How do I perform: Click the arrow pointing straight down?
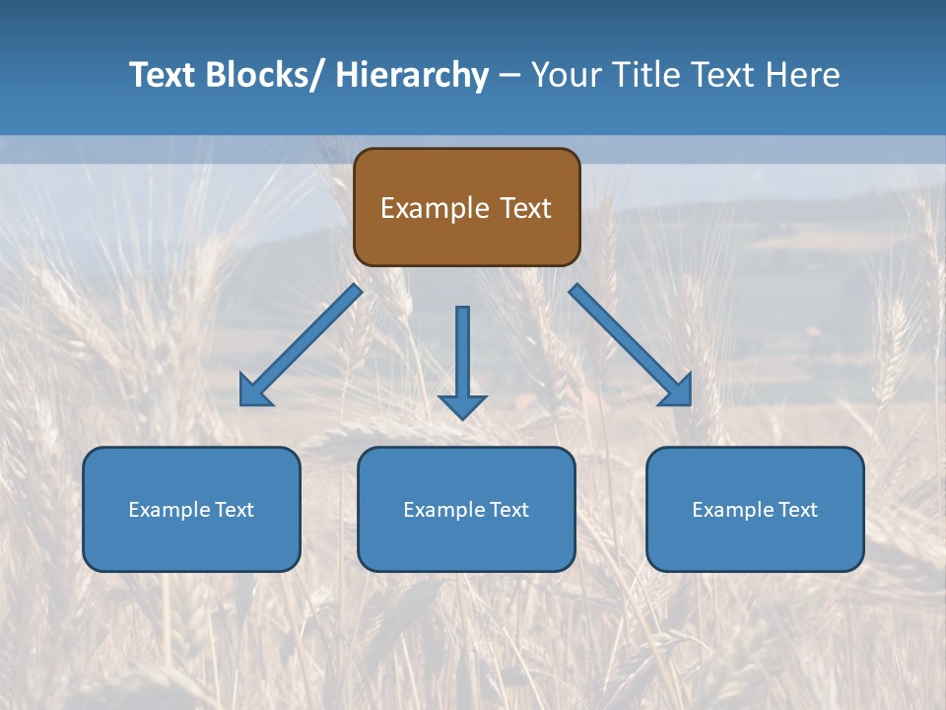(x=462, y=360)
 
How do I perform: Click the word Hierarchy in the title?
(x=412, y=75)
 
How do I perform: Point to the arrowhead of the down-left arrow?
(x=253, y=392)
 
